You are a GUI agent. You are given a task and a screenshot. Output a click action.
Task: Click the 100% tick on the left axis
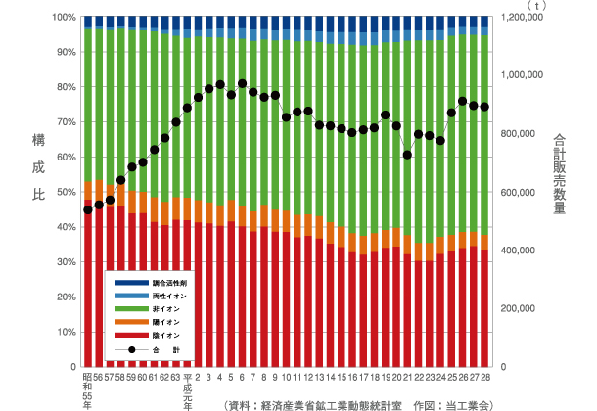tap(64, 17)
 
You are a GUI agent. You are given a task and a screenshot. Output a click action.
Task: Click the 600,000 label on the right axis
tap(519, 192)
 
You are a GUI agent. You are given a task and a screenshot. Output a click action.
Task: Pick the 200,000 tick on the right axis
tap(519, 308)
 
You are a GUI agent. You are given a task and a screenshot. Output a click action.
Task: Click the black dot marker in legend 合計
tap(127, 349)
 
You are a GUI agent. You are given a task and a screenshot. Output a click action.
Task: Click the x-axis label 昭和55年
tap(88, 388)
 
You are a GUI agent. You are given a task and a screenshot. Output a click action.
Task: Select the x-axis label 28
tap(484, 376)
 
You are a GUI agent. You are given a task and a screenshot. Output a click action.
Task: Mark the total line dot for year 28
tap(484, 107)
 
